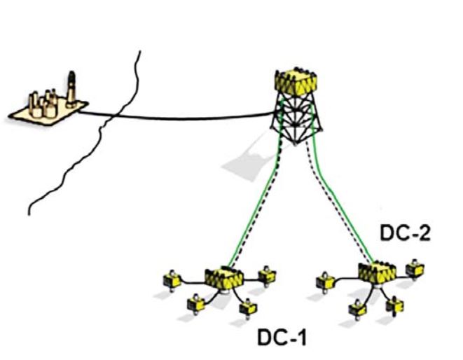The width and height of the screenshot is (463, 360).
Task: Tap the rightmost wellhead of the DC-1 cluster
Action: coord(265,274)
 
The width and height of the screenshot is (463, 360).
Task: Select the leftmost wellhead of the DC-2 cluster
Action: coord(324,281)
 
